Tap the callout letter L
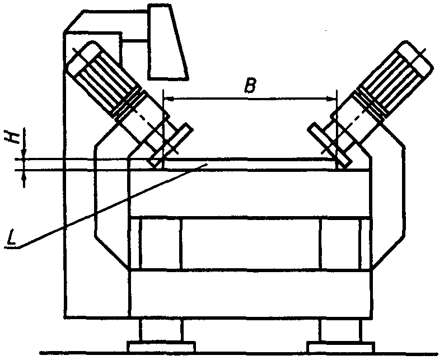coord(11,240)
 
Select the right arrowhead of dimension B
coord(331,99)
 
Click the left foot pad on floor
coord(161,347)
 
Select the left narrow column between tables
coord(161,244)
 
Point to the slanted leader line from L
coord(112,204)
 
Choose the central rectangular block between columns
coord(250,244)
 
